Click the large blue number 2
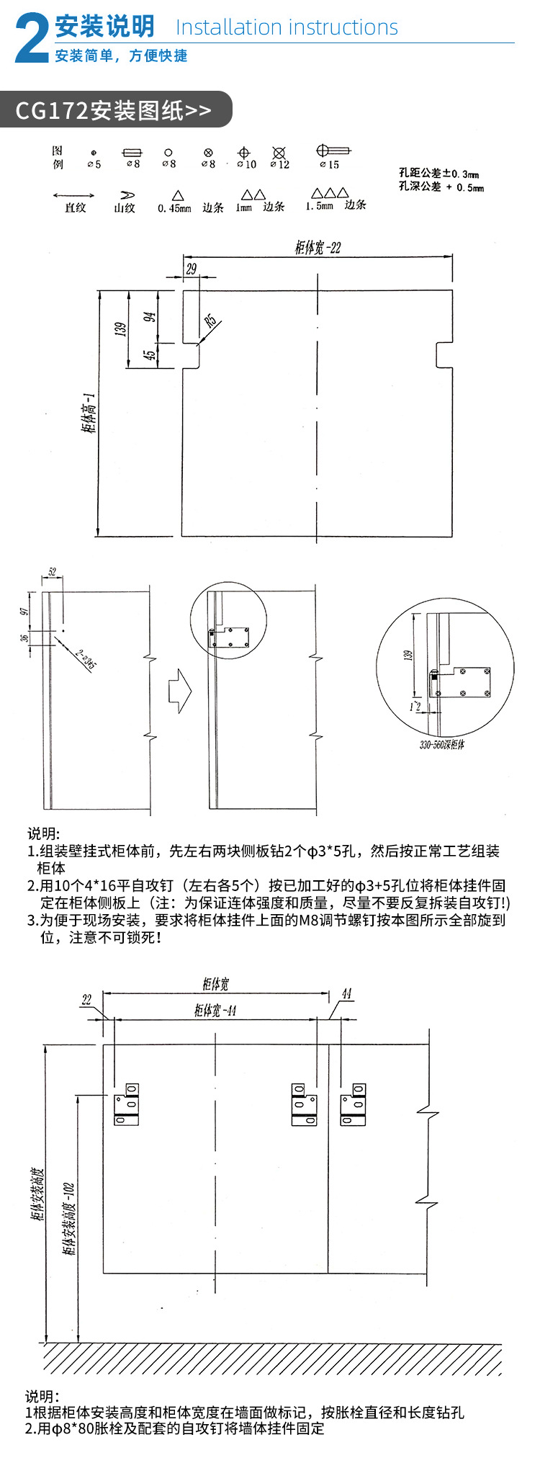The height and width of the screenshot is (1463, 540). [32, 40]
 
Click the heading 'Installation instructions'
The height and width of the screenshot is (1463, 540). [287, 27]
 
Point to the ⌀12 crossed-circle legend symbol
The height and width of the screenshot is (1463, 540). [279, 153]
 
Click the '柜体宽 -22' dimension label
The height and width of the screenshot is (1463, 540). [318, 248]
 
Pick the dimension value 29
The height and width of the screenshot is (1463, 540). [191, 269]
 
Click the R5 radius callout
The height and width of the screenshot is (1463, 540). [210, 320]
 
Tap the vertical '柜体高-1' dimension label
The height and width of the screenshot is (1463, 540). [89, 413]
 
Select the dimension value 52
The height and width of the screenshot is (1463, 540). [52, 572]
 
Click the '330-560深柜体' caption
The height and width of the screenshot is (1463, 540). [441, 744]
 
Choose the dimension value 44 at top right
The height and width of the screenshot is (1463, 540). [346, 994]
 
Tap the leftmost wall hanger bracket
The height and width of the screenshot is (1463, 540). [126, 1103]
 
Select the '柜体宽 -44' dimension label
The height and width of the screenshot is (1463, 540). [215, 1011]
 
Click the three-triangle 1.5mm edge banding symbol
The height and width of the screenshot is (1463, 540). [330, 194]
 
